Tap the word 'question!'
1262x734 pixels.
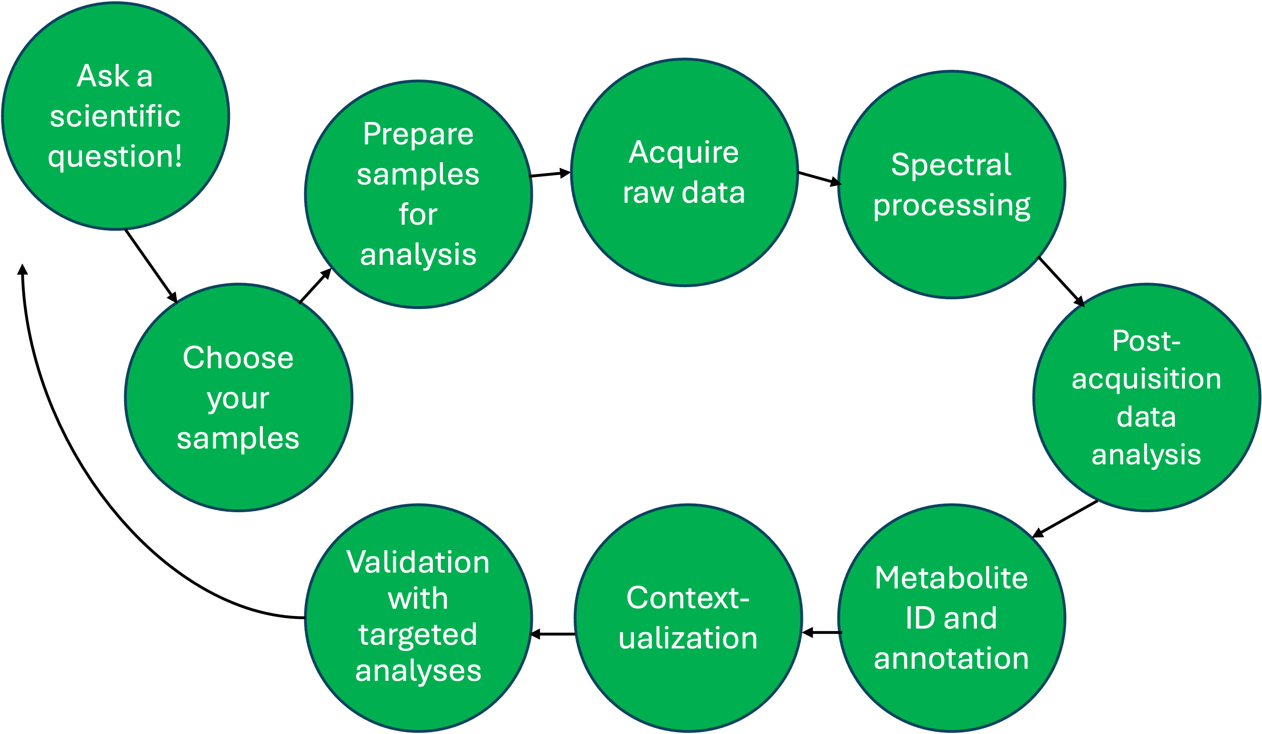click(x=115, y=157)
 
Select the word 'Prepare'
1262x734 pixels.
click(x=418, y=134)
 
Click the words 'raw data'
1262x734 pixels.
click(x=684, y=193)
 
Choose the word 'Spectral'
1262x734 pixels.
click(x=951, y=165)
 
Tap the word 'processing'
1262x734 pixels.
click(x=951, y=206)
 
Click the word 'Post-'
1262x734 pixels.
click(x=1146, y=341)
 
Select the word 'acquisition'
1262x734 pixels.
click(x=1146, y=379)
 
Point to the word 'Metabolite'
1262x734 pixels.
click(x=951, y=578)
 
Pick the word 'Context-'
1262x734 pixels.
click(x=688, y=598)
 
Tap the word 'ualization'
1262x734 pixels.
click(x=688, y=638)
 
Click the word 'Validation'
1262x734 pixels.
click(x=418, y=562)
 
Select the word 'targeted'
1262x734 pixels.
click(x=418, y=635)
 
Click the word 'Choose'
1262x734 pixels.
click(x=238, y=358)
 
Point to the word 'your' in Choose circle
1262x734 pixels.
click(x=238, y=399)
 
